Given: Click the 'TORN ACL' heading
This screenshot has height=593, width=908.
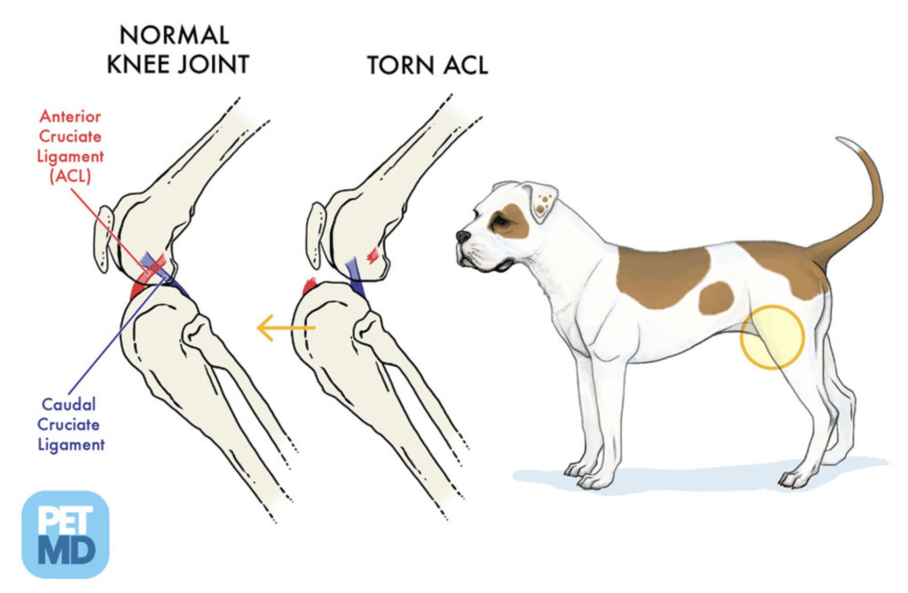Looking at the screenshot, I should [427, 65].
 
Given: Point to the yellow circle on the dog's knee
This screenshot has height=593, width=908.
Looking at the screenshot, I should [771, 337].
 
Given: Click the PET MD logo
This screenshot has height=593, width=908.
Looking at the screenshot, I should [65, 534].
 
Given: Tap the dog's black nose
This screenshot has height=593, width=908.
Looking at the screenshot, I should [463, 237].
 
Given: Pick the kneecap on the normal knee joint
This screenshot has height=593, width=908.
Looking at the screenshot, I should [104, 238].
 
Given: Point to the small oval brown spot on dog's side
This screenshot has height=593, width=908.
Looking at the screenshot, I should [716, 298].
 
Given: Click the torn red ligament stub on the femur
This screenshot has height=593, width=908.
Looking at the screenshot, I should [374, 254].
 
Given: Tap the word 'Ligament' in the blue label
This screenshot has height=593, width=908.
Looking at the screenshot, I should [70, 443].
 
